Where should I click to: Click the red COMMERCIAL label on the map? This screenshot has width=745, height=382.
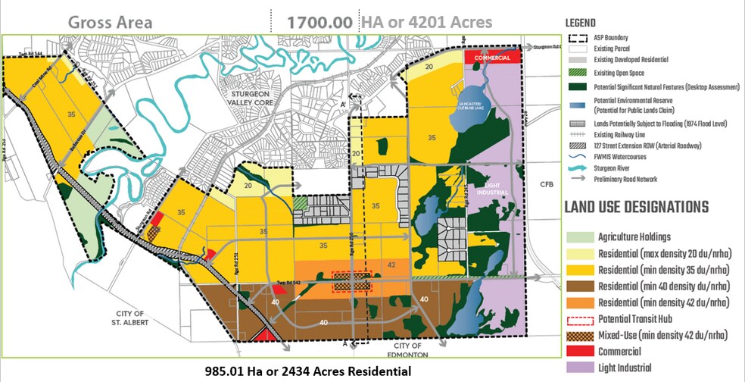tap(492, 58)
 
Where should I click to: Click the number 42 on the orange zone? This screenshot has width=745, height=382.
tap(391, 265)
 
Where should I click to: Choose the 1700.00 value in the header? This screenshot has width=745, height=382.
tap(318, 22)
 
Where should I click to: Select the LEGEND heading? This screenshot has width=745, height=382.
tap(585, 23)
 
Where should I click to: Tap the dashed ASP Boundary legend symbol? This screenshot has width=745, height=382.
tap(581, 37)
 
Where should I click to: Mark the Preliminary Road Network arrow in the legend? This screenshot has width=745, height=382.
tap(581, 180)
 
